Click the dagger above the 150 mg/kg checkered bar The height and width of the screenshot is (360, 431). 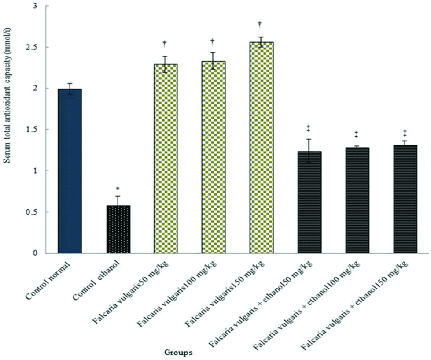261,24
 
